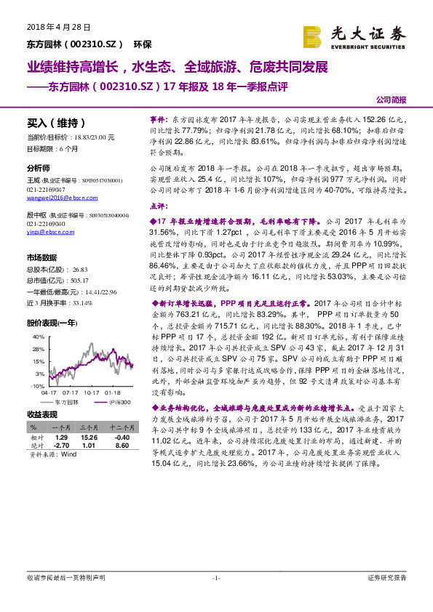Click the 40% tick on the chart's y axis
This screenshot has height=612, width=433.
tap(38, 338)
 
